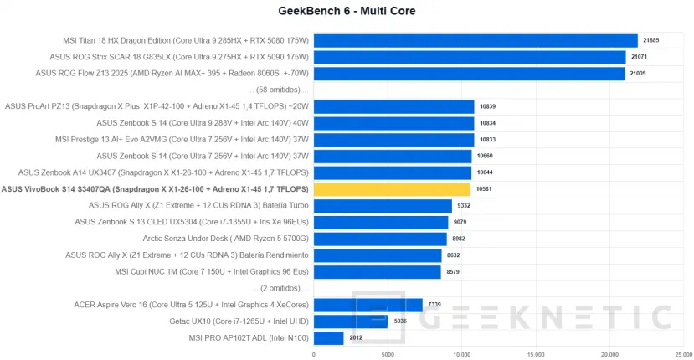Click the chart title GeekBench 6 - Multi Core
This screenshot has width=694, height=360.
(x=347, y=12)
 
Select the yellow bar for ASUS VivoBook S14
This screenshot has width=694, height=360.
(x=393, y=189)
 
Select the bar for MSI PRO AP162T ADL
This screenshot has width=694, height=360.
(x=329, y=337)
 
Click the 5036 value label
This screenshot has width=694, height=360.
(x=402, y=321)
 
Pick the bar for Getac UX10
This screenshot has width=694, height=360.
(x=351, y=321)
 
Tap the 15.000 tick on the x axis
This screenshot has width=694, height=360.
(x=536, y=354)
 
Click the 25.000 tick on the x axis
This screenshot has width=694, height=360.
(x=683, y=354)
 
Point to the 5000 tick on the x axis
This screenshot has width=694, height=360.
(x=388, y=354)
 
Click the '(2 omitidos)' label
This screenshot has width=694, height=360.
(x=280, y=288)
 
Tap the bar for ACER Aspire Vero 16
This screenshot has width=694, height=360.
(x=368, y=305)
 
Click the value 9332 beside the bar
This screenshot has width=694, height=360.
(x=465, y=206)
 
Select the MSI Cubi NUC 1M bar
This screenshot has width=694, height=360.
(x=378, y=271)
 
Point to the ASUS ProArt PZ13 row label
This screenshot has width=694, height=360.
(x=157, y=106)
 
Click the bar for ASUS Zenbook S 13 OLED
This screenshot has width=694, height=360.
(x=381, y=222)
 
